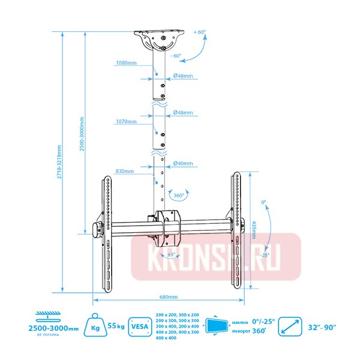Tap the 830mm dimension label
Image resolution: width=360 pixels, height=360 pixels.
coord(125,171)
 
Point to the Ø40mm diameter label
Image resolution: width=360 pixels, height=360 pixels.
coord(182,163)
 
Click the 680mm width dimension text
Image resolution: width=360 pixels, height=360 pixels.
coord(168,296)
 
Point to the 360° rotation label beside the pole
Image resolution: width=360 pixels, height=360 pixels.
coord(178,196)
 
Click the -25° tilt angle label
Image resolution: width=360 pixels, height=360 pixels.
coord(265,254)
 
